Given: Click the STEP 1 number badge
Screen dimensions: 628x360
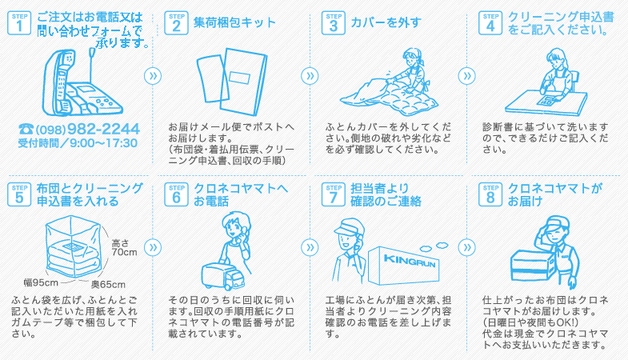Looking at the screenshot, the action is point(19,23).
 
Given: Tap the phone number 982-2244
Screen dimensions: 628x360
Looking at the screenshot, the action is point(103,129).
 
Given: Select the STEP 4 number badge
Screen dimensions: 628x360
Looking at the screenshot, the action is point(490,23).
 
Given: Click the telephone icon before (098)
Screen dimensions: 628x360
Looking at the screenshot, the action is point(26,129).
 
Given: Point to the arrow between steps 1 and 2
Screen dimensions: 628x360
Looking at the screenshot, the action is point(153,76).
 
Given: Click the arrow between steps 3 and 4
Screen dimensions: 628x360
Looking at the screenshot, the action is point(466,76).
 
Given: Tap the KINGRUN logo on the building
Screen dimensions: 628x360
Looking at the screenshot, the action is point(410,261).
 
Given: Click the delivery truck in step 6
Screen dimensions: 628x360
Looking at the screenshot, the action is point(222,275).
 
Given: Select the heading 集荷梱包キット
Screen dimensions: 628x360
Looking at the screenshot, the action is point(234,22).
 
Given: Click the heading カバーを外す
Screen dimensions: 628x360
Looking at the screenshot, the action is point(386,22).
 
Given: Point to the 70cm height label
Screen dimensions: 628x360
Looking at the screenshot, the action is point(124,252).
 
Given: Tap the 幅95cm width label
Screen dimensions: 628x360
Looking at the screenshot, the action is point(42,282).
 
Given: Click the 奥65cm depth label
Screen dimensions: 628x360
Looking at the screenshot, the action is point(108,284).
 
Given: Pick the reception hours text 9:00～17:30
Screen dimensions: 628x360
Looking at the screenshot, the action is point(103,143).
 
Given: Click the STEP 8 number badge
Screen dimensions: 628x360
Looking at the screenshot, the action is point(490,194).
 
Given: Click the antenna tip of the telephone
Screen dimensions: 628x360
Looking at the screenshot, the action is point(92,50).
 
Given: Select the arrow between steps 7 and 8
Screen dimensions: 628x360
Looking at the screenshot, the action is point(466,247).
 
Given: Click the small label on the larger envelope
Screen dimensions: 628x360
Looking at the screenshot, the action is point(239,78).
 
